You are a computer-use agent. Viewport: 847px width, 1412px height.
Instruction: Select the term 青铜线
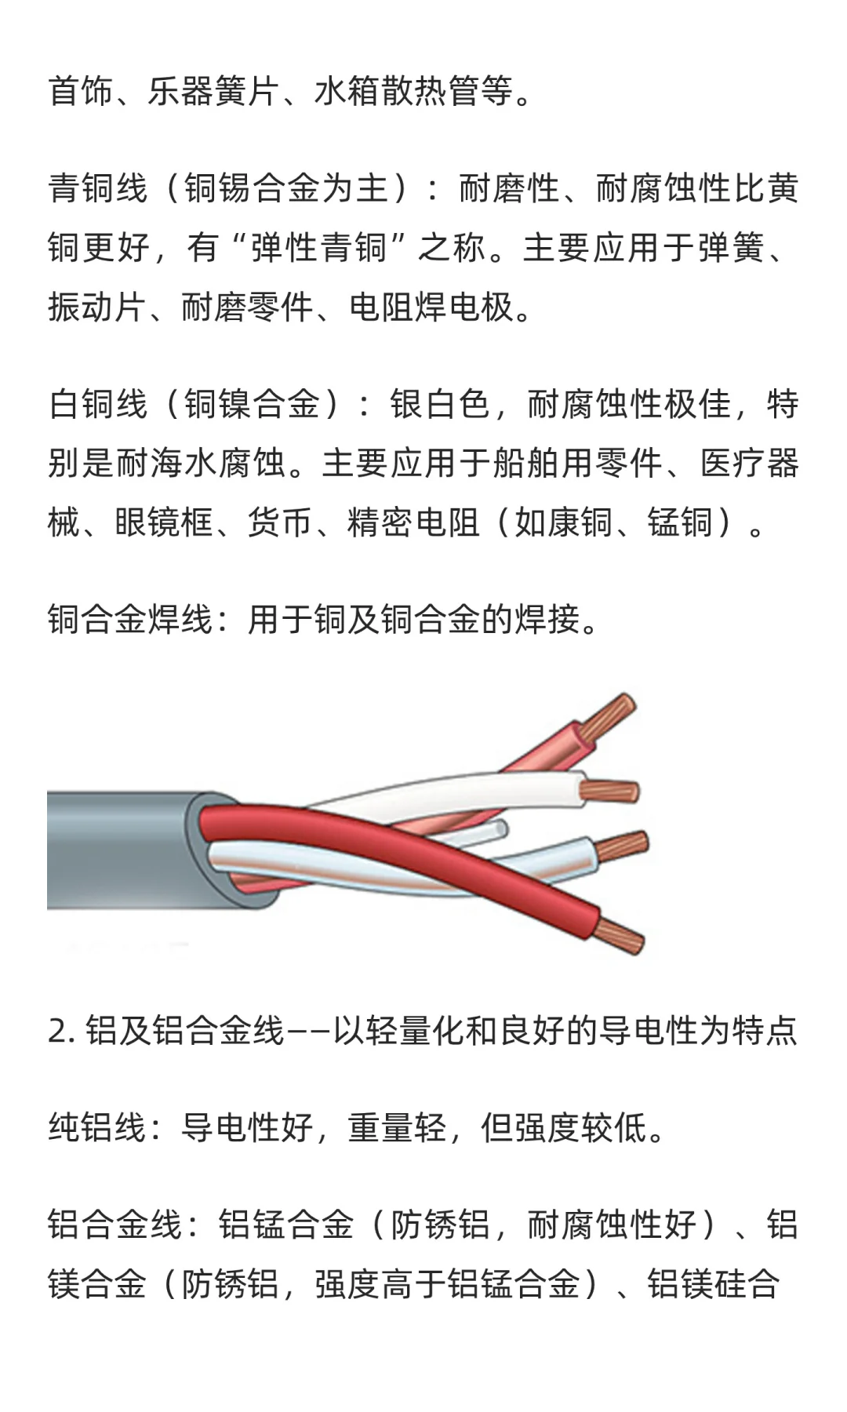pyautogui.click(x=97, y=188)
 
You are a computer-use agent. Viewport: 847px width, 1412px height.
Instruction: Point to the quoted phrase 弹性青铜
pyautogui.click(x=318, y=248)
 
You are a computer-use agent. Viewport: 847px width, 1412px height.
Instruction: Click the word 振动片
pyautogui.click(x=97, y=307)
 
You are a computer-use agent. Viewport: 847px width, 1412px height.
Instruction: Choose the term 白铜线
pyautogui.click(x=97, y=405)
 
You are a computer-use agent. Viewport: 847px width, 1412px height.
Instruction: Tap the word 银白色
pyautogui.click(x=439, y=405)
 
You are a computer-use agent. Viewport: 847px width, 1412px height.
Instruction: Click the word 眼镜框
pyautogui.click(x=164, y=522)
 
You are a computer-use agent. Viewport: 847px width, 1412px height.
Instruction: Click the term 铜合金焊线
pyautogui.click(x=130, y=620)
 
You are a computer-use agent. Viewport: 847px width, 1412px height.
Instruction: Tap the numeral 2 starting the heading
pyautogui.click(x=57, y=1031)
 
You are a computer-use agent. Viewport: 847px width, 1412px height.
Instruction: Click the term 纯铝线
pyautogui.click(x=97, y=1128)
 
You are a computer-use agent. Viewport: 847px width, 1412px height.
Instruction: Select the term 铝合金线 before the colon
pyautogui.click(x=114, y=1225)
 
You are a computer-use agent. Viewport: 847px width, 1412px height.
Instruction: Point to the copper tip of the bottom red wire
pyautogui.click(x=621, y=936)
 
